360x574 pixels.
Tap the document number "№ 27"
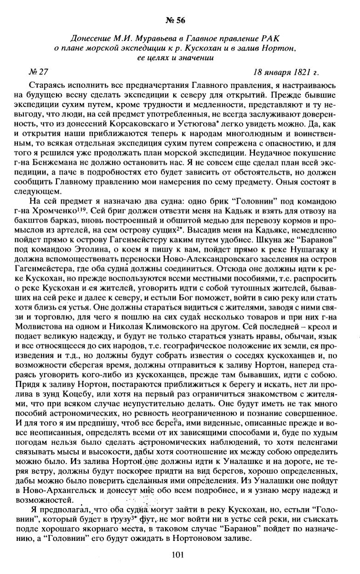pos(38,72)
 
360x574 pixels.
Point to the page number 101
pos(179,555)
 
